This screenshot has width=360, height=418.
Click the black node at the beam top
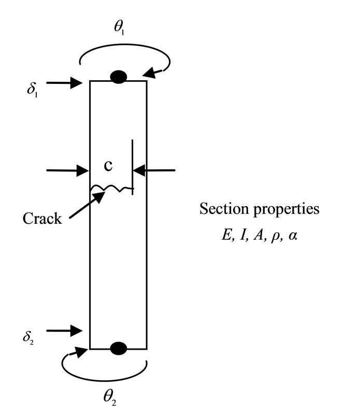point(119,77)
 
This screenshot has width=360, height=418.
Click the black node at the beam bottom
point(119,348)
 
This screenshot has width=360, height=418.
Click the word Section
point(220,209)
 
